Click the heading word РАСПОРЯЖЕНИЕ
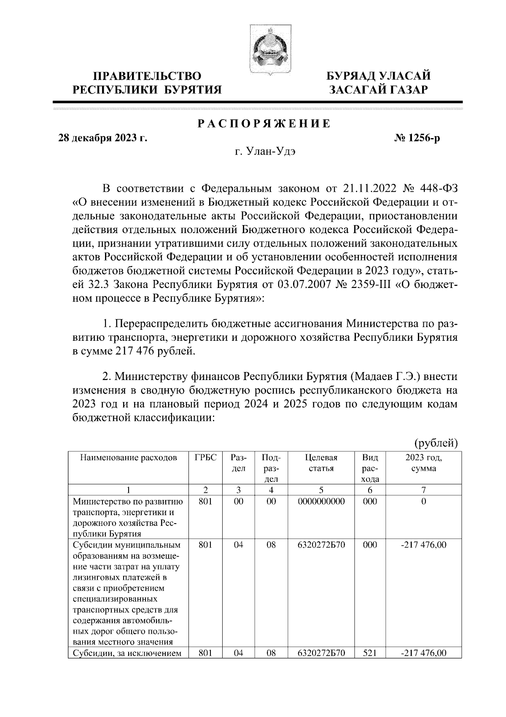[264, 124]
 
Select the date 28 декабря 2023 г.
[102, 139]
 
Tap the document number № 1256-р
[417, 139]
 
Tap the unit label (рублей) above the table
[436, 443]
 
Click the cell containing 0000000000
[321, 502]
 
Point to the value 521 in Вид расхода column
[370, 665]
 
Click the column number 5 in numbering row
[321, 490]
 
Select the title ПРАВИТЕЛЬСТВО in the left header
[147, 76]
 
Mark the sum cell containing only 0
[424, 502]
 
